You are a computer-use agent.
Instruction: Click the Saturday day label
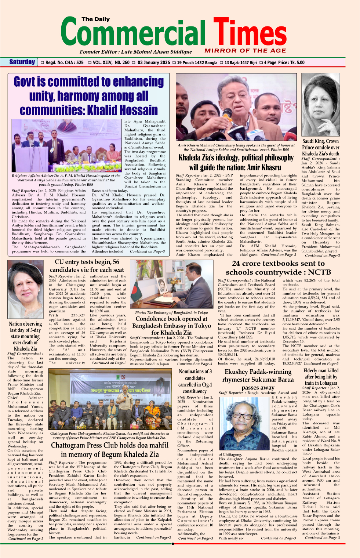pyautogui.click(x=22, y=62)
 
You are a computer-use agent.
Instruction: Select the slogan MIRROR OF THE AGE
pyautogui.click(x=245, y=51)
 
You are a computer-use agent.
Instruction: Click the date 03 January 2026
pyautogui.click(x=154, y=62)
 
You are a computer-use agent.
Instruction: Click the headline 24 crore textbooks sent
pyautogui.click(x=278, y=268)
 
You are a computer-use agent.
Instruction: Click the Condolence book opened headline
pyautogui.click(x=171, y=326)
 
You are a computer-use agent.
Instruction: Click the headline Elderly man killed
pyautogui.click(x=321, y=376)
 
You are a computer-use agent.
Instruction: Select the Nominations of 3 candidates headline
pyautogui.click(x=195, y=381)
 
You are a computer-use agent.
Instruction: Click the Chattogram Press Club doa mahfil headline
pyautogui.click(x=110, y=450)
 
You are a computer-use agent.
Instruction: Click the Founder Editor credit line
pyautogui.click(x=135, y=52)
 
